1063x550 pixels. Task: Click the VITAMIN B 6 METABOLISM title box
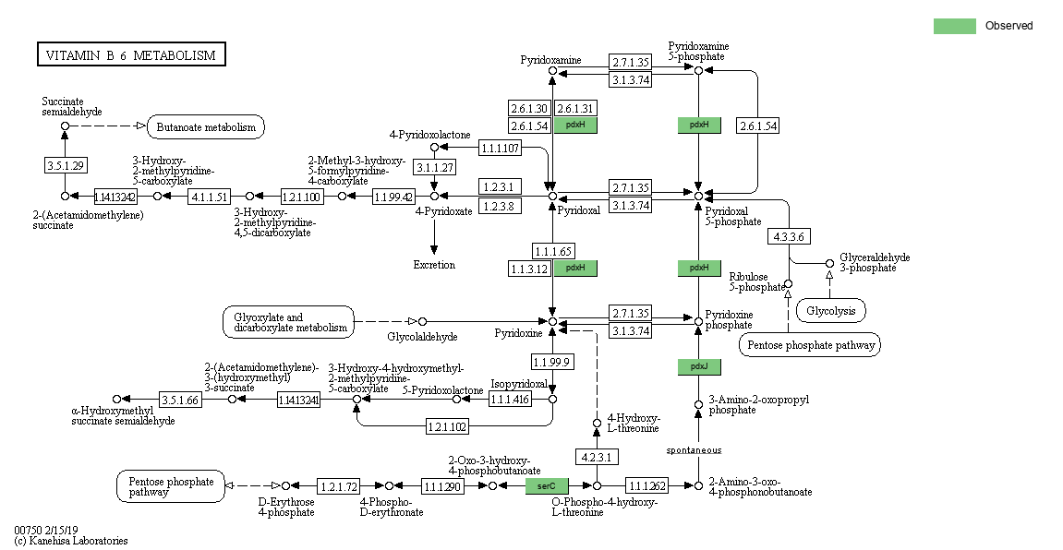131,54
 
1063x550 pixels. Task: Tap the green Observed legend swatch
955,26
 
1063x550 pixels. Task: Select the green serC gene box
547,485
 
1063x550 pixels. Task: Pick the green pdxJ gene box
699,367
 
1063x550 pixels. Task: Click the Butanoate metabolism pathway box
206,126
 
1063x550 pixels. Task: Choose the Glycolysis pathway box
830,311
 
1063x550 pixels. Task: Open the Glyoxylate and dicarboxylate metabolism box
288,322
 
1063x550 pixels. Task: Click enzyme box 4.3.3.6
789,236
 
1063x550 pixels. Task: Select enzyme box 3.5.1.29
66,165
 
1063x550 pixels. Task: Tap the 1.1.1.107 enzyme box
501,148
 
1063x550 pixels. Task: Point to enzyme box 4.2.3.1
597,457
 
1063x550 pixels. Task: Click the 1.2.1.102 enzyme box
447,426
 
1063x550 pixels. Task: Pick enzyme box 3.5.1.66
180,400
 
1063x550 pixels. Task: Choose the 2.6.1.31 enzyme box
575,108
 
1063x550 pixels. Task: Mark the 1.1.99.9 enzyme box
552,363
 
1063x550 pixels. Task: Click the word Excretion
434,265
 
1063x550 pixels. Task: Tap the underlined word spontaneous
694,449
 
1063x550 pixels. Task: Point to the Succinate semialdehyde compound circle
65,126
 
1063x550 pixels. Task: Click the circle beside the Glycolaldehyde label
422,322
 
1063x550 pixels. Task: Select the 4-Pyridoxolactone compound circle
435,148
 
